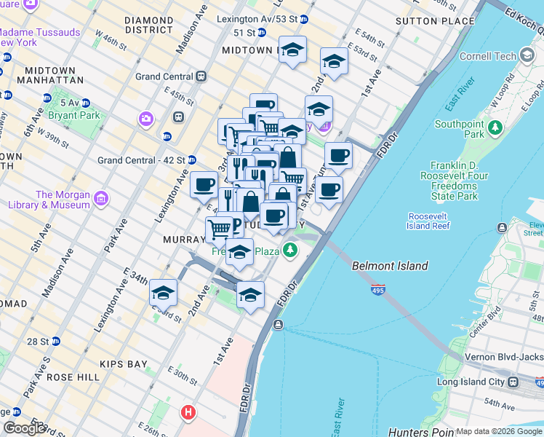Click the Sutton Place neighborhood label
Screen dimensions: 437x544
click(435, 21)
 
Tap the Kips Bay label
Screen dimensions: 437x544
click(117, 364)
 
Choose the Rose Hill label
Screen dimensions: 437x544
click(72, 378)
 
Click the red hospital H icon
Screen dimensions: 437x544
click(188, 413)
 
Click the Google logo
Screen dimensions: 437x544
click(25, 428)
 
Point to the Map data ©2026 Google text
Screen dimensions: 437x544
click(499, 431)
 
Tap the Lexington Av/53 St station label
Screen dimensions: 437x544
click(260, 19)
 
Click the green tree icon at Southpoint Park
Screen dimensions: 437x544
click(495, 128)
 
